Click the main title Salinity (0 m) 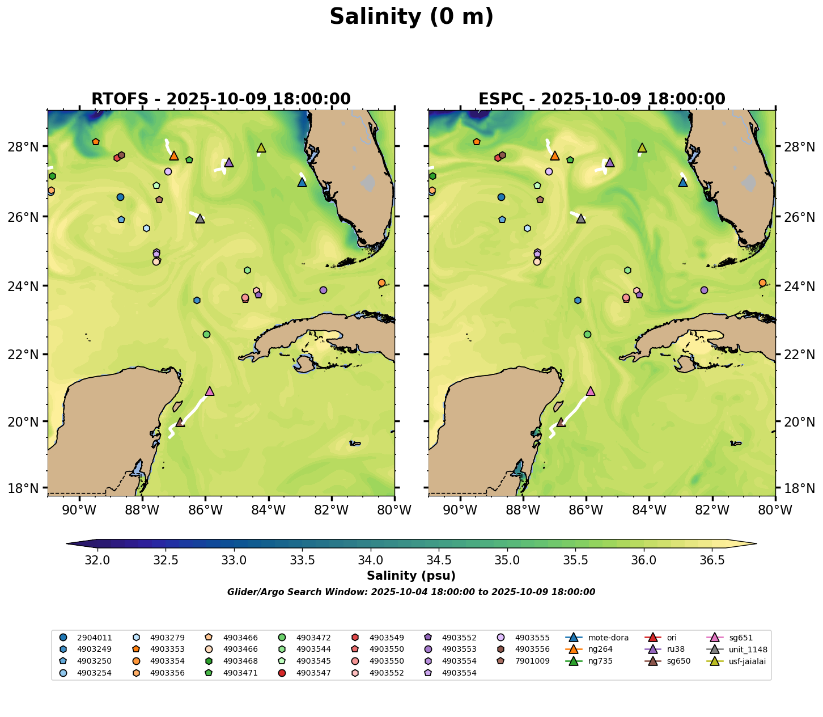(411, 17)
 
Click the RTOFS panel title (221, 99)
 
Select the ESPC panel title (601, 99)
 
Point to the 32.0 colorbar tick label (97, 560)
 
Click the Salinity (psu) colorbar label (411, 576)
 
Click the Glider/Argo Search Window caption (411, 592)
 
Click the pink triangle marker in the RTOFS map (210, 391)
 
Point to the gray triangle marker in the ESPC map (581, 219)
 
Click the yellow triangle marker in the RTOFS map (261, 148)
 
